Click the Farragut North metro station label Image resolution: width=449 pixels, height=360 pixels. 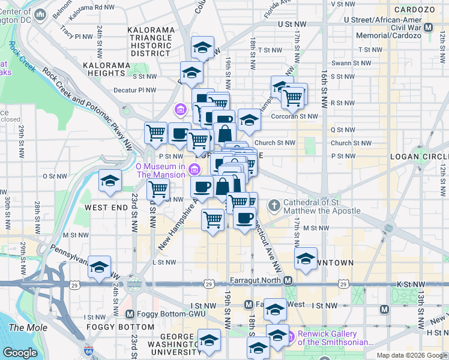point(256,281)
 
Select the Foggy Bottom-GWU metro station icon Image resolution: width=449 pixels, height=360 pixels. point(130,314)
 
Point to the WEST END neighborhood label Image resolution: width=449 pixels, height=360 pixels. point(106,207)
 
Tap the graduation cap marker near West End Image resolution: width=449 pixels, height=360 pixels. point(110,181)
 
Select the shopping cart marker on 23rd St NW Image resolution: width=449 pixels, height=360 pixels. point(157,189)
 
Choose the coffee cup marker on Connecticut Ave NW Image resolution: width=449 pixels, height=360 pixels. point(244,218)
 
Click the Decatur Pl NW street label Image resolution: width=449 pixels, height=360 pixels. point(135,91)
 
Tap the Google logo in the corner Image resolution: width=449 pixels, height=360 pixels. point(20,353)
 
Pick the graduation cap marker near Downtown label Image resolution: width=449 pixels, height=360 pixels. point(306,259)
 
